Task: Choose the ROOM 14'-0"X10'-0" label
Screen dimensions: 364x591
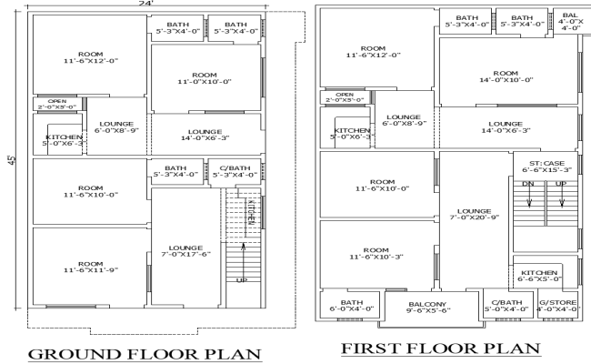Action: pyautogui.click(x=505, y=77)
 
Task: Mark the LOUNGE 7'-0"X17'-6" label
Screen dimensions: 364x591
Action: pyautogui.click(x=185, y=252)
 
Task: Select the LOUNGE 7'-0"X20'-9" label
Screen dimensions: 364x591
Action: pyautogui.click(x=474, y=215)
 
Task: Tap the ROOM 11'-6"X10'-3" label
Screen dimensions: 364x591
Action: pyautogui.click(x=377, y=254)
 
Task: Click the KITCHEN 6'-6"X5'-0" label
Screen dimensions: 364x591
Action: pyautogui.click(x=540, y=276)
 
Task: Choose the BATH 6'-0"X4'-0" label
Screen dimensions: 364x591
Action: pyautogui.click(x=351, y=306)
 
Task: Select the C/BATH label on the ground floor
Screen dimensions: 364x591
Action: pyautogui.click(x=236, y=171)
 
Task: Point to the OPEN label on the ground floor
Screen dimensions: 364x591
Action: pyautogui.click(x=56, y=104)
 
